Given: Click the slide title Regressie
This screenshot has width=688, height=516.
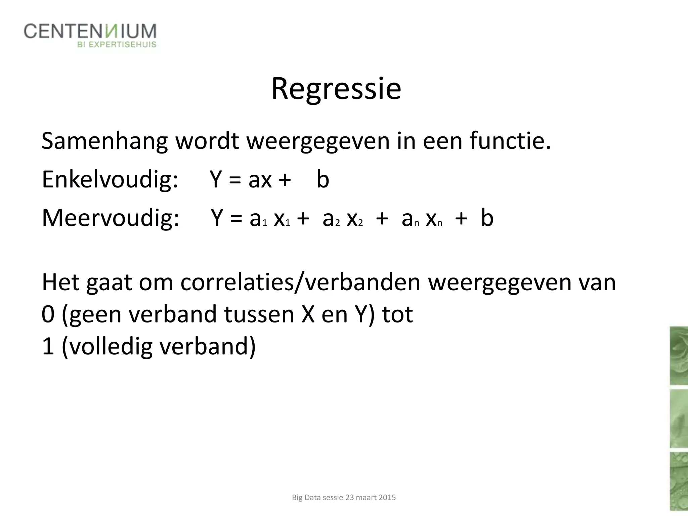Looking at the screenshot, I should [336, 89].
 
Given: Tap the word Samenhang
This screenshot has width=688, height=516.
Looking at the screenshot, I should [104, 141].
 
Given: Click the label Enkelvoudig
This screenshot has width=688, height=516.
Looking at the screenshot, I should [110, 180].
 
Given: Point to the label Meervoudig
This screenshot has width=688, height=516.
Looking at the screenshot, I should [110, 218].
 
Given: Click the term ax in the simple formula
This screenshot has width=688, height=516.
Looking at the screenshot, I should [260, 180].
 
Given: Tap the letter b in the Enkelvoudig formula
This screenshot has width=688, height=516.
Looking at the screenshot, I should [322, 179].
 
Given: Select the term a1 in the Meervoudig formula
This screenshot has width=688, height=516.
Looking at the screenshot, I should [258, 219].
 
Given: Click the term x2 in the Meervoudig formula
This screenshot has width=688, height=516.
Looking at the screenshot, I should [355, 219].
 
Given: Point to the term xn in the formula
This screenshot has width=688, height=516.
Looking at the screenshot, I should [434, 219].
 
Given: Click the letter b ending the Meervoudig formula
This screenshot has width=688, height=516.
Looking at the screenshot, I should [487, 218].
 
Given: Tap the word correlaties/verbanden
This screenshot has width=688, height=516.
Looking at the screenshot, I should [300, 283].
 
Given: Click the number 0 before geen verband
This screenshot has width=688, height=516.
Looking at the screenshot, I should [48, 315].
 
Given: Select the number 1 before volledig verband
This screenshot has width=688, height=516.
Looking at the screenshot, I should [48, 347].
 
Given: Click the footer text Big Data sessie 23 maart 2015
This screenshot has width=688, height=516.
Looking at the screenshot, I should [344, 498].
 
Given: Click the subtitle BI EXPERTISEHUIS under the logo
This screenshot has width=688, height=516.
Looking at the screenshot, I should [117, 45].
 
